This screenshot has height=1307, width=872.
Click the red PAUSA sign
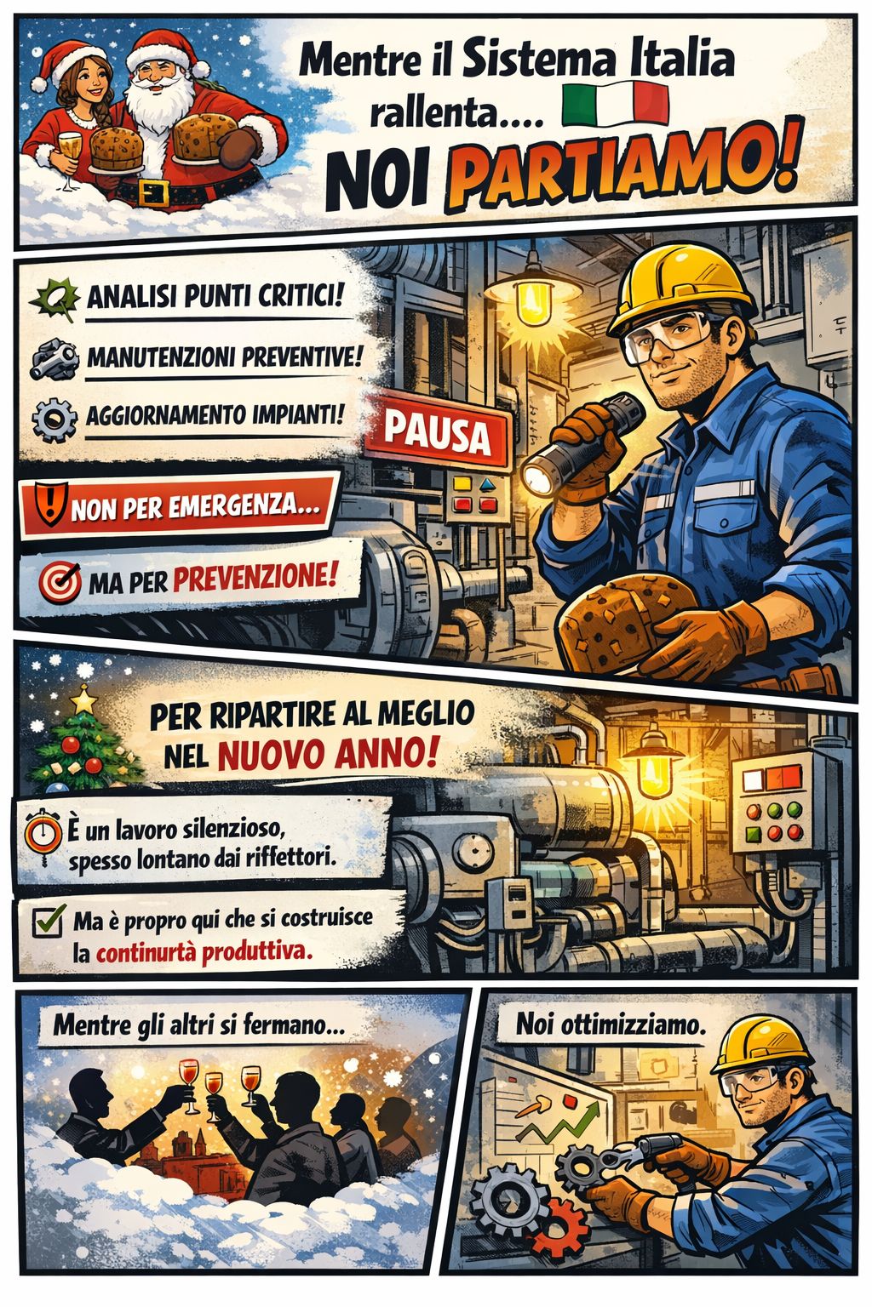click(437, 433)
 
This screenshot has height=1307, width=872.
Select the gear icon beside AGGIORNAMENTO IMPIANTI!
click(54, 419)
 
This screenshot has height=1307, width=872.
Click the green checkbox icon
click(49, 920)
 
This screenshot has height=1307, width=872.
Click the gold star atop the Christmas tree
click(83, 699)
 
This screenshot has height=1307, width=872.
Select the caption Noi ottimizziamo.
click(611, 1024)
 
